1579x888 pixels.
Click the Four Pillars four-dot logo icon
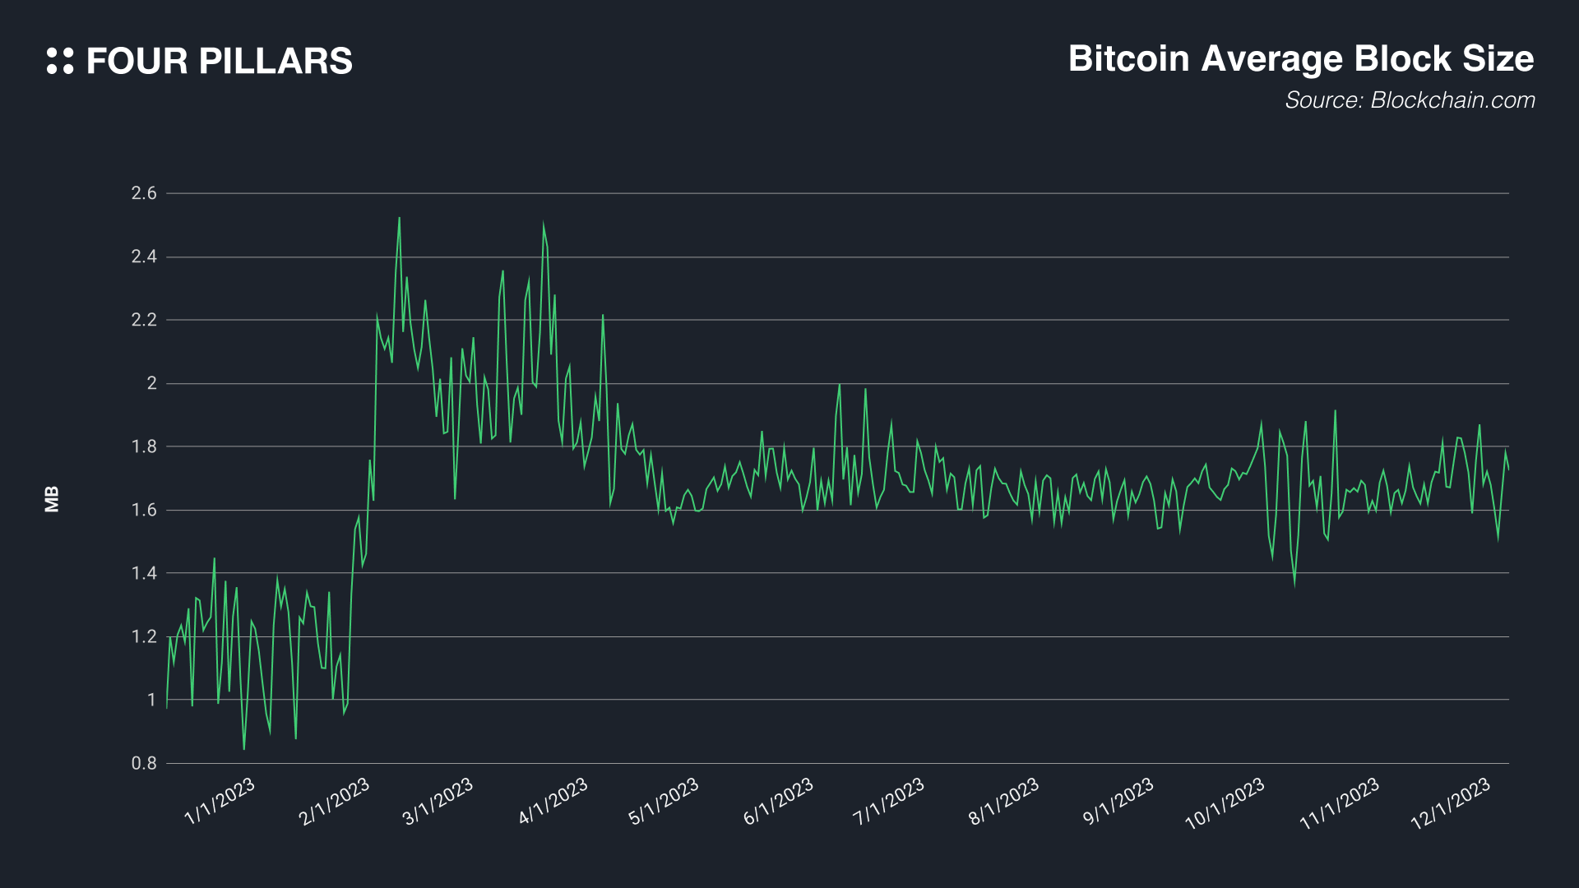tap(60, 61)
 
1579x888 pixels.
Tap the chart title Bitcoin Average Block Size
tap(1300, 59)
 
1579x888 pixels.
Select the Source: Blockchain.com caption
tap(1410, 100)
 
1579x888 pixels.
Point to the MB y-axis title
tap(52, 499)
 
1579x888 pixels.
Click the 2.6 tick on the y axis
tap(144, 193)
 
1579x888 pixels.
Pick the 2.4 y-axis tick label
tap(144, 257)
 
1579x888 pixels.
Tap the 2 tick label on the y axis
tap(151, 383)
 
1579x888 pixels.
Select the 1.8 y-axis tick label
tap(144, 446)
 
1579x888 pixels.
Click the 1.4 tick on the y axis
tap(144, 573)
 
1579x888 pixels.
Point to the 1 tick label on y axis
tap(151, 700)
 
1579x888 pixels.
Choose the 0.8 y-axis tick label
tap(144, 763)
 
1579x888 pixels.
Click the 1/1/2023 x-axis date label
tap(220, 801)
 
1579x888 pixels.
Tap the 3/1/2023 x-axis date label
tap(438, 801)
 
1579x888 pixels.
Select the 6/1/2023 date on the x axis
tap(778, 801)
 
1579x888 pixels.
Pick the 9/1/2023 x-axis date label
tap(1118, 801)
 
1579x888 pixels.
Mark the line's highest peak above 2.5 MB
tap(399, 218)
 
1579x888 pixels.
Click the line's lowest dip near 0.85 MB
tap(243, 748)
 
